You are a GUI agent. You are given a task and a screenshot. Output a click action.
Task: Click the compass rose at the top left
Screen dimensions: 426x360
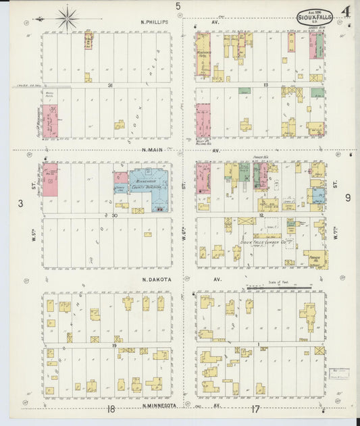coord(68,18)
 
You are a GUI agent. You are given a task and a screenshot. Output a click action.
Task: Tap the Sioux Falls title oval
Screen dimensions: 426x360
coord(315,17)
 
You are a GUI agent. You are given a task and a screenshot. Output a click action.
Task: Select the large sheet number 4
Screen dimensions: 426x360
coord(345,12)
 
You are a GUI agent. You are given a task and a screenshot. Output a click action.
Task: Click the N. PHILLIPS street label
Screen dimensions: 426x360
coord(155,22)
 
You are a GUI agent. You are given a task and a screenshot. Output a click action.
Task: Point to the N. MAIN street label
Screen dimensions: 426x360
coord(154,151)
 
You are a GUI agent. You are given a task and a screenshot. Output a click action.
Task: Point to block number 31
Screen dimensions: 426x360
coord(109,85)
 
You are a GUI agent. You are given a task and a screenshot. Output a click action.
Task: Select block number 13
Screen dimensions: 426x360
coord(266,85)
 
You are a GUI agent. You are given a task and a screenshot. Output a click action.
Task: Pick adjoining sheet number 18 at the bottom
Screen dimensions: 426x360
coord(110,408)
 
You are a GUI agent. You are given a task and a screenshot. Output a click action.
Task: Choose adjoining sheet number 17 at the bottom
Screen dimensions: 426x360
coord(255,408)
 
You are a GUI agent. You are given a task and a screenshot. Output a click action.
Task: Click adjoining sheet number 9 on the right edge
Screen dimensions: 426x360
coord(347,198)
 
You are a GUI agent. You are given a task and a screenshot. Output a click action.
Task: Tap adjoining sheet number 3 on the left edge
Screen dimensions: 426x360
coord(21,203)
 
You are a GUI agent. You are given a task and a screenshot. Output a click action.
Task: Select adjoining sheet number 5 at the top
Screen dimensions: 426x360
coord(178,7)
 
